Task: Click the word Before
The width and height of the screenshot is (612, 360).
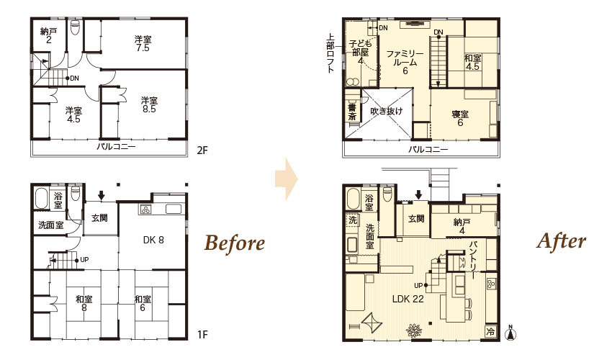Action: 235,243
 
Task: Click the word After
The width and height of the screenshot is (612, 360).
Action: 562,241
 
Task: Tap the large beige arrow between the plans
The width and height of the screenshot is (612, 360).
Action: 287,179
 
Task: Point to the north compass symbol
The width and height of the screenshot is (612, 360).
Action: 510,333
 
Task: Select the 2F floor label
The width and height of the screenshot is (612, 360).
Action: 202,150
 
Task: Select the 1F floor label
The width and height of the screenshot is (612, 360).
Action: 202,335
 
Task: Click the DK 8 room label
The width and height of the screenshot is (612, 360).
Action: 153,240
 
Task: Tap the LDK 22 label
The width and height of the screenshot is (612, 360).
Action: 408,299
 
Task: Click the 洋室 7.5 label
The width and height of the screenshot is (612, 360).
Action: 143,43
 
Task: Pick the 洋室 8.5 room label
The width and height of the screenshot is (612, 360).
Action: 149,104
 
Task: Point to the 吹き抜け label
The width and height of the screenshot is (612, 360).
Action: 386,112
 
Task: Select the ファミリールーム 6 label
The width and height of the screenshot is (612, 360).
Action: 405,62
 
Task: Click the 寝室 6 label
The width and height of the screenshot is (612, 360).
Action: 460,118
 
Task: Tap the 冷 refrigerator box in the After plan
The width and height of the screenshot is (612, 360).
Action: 490,331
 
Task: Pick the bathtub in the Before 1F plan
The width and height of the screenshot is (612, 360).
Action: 41,199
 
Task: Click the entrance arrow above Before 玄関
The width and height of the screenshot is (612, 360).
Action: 101,195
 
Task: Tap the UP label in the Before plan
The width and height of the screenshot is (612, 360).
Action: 84,260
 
